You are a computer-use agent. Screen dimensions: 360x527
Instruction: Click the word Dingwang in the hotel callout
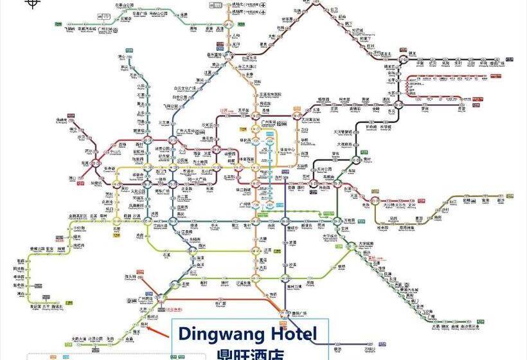pos(218,334)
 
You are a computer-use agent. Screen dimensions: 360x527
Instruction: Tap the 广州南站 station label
pos(145,299)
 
